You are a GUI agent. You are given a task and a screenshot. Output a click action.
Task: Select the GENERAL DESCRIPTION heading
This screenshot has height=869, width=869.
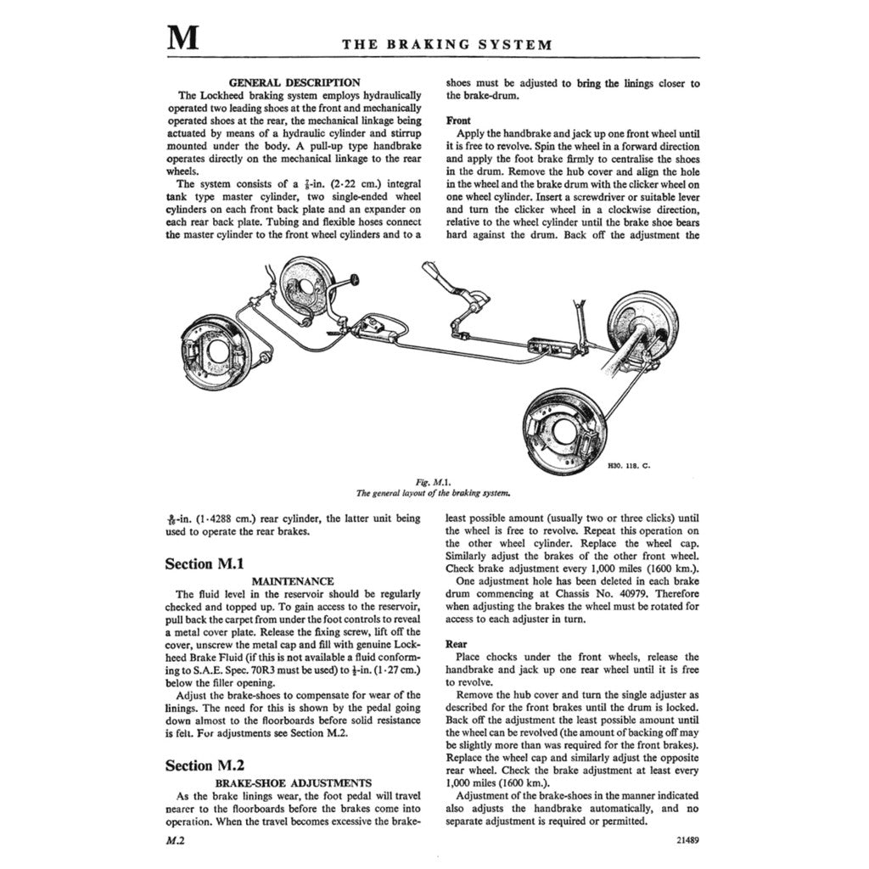pyautogui.click(x=294, y=82)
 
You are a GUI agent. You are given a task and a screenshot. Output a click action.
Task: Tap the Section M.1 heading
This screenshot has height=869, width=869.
pyautogui.click(x=205, y=563)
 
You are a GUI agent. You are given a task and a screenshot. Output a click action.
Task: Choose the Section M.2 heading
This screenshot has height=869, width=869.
pyautogui.click(x=205, y=765)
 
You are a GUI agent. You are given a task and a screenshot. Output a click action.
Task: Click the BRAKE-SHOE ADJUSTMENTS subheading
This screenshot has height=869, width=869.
pyautogui.click(x=294, y=782)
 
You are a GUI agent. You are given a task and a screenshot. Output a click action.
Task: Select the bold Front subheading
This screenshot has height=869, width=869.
pyautogui.click(x=458, y=121)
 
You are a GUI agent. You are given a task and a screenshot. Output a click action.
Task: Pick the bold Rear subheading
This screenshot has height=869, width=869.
pyautogui.click(x=457, y=644)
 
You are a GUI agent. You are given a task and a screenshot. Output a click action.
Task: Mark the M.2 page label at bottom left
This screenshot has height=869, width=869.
pyautogui.click(x=176, y=842)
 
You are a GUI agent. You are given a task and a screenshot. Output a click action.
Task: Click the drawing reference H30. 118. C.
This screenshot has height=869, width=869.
pyautogui.click(x=629, y=466)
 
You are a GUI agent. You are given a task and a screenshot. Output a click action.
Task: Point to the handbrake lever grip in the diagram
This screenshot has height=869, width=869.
pyautogui.click(x=431, y=273)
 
